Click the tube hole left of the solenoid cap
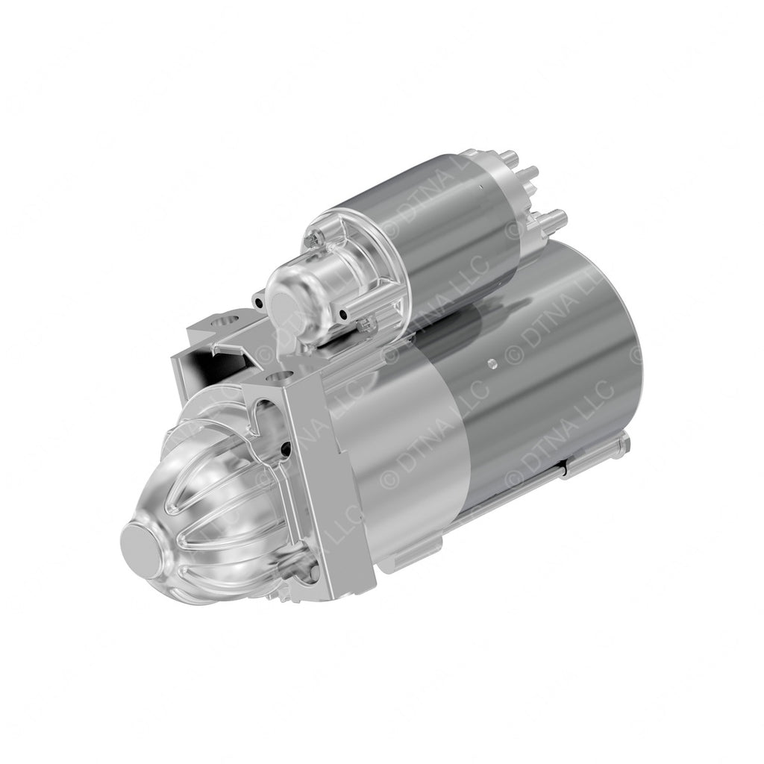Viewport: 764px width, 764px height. point(257,302)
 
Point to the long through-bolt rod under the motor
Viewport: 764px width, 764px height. point(522,485)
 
